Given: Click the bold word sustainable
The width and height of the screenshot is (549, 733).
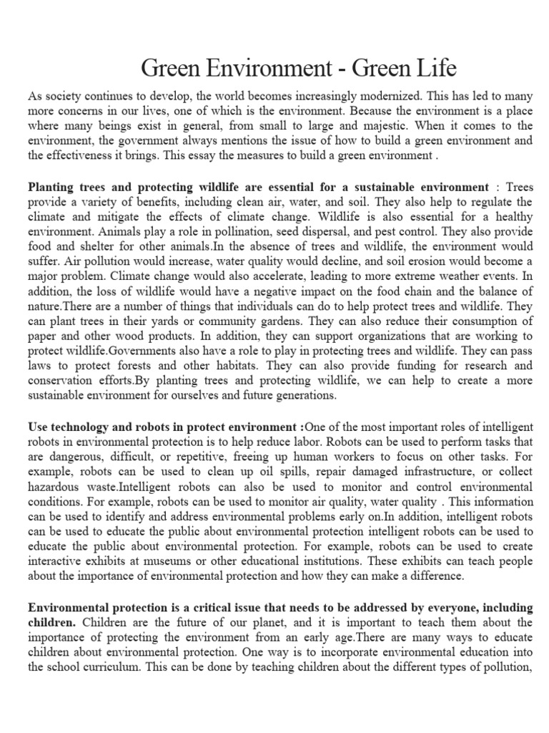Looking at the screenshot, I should (372, 187).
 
